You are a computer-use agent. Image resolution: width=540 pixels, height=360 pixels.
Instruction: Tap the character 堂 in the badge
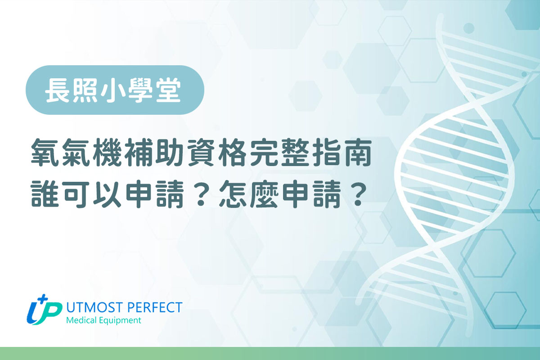point(168,90)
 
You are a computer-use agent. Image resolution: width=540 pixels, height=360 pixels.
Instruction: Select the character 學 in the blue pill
point(140,90)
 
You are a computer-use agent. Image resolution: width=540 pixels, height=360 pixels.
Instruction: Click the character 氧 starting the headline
point(45,153)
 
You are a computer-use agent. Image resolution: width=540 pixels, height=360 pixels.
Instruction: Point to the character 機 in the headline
point(108,153)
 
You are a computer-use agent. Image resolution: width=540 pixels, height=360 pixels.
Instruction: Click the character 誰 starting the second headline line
point(45,194)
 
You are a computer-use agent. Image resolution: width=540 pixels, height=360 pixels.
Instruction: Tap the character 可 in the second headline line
point(76,194)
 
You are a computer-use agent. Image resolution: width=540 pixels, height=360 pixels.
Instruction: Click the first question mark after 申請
point(201,194)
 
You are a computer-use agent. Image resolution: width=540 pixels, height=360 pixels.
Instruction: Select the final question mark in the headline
point(357,194)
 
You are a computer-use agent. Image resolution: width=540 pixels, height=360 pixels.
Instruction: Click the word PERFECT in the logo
point(154,307)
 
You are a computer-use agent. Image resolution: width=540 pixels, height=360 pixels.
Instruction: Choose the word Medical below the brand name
point(81,320)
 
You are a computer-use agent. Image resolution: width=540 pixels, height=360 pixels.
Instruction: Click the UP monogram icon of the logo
point(44,310)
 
